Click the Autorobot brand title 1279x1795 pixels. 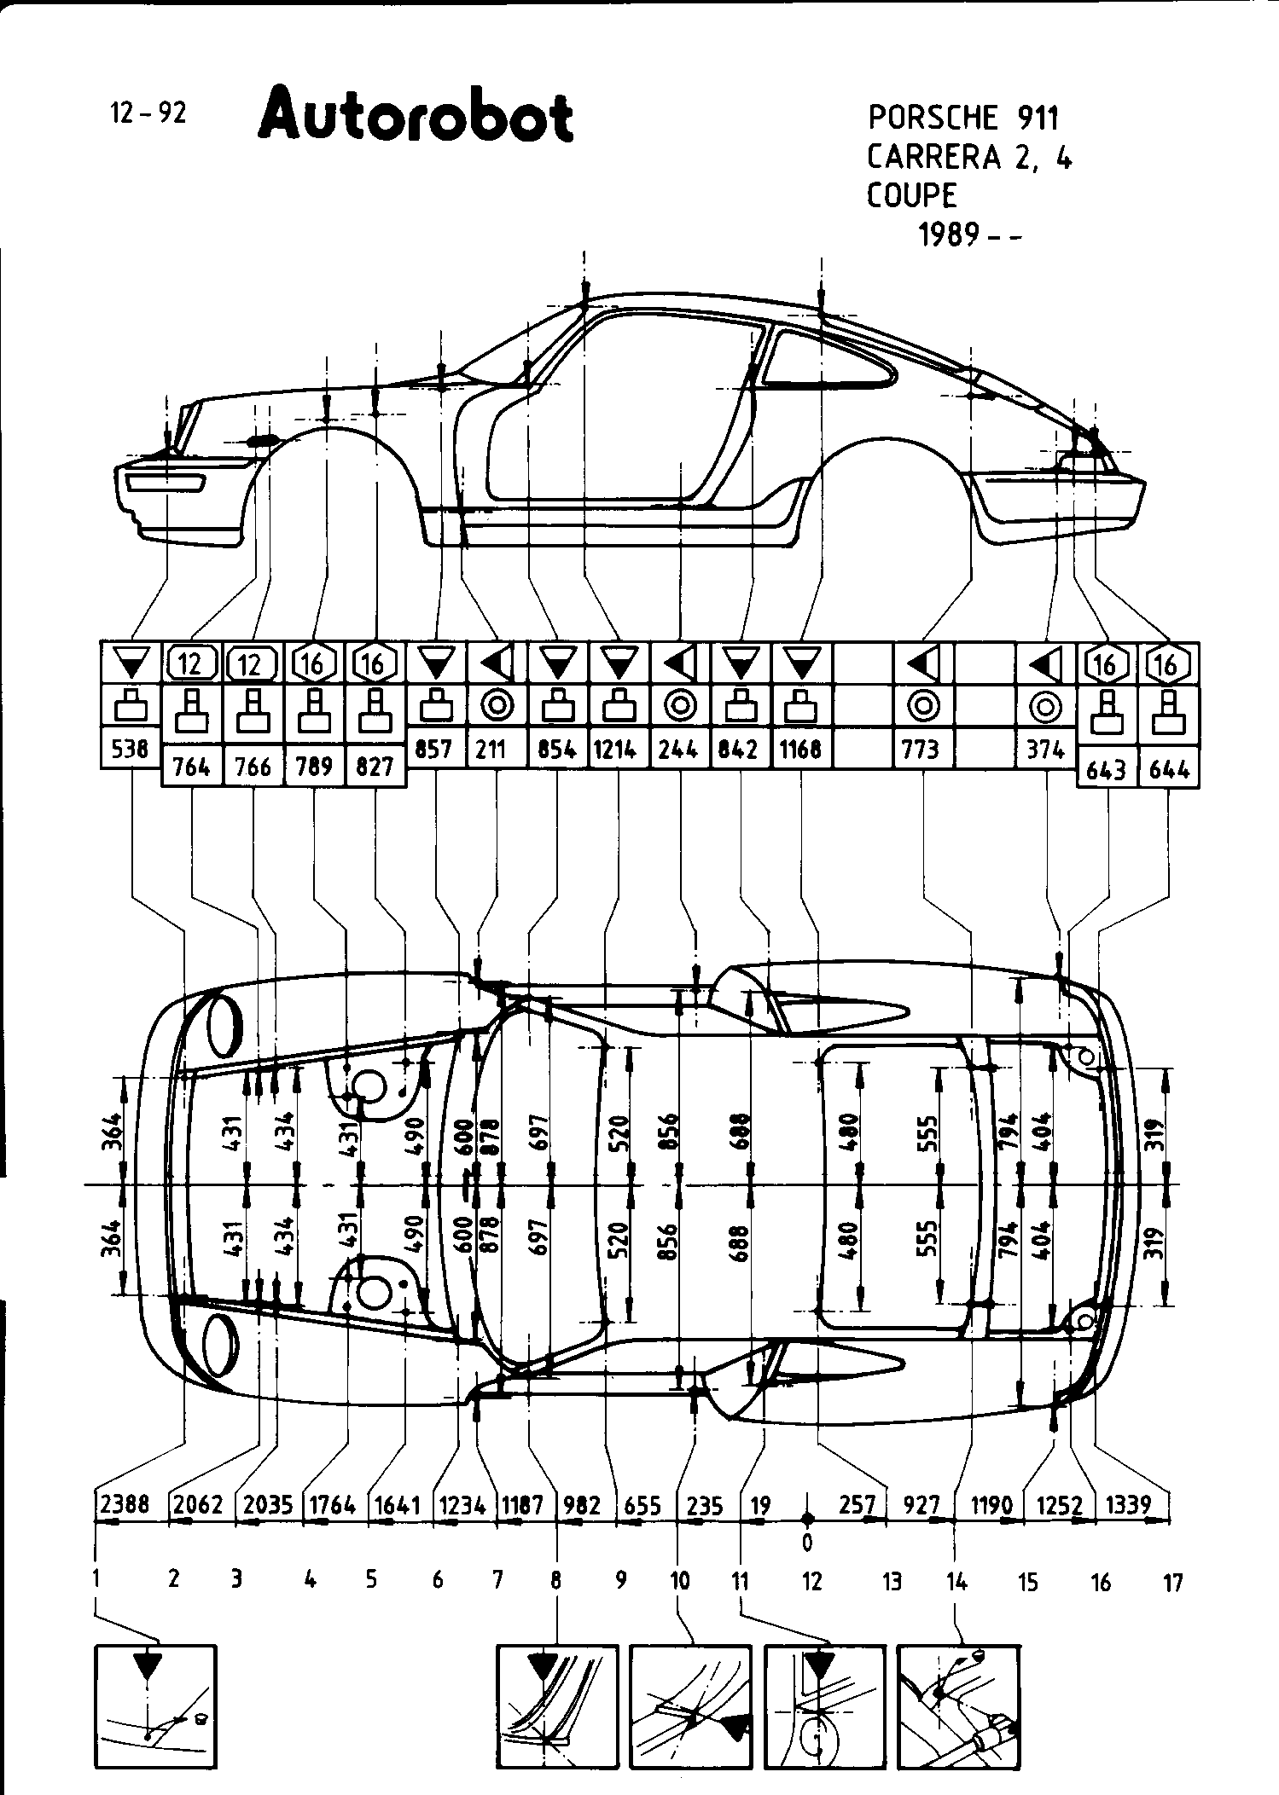click(415, 116)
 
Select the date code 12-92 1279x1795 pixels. click(148, 113)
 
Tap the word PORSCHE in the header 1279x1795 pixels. click(933, 117)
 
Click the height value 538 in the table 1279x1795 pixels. click(131, 749)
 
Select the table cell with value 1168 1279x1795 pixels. click(801, 749)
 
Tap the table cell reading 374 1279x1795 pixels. click(1044, 749)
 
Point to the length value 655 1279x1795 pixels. click(642, 1505)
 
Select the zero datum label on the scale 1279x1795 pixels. click(807, 1542)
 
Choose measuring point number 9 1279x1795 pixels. click(620, 1580)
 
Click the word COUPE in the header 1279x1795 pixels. click(912, 195)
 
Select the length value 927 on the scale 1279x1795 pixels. click(921, 1505)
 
